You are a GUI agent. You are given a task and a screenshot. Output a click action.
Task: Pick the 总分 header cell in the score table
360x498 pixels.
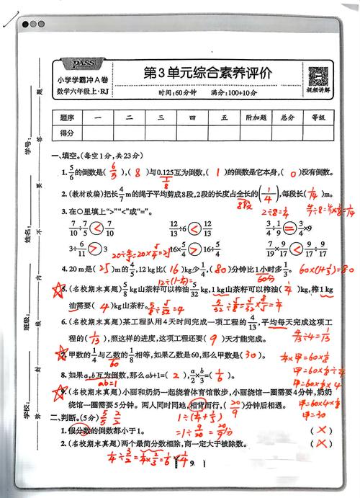click(x=288, y=117)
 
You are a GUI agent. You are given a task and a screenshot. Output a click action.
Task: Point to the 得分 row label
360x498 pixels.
click(x=68, y=133)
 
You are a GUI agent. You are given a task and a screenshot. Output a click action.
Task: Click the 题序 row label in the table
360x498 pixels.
click(x=68, y=117)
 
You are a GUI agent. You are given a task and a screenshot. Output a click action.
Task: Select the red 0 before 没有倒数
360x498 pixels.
click(x=292, y=174)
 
